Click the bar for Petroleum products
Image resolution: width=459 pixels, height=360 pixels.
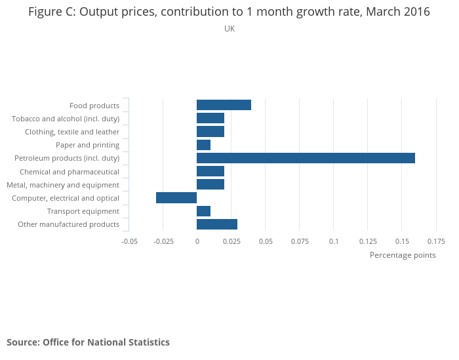(x=306, y=158)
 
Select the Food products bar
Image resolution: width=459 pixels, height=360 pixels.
(x=224, y=105)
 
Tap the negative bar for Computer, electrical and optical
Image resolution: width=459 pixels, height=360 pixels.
(x=176, y=198)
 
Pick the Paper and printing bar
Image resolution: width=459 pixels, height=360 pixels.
(x=203, y=145)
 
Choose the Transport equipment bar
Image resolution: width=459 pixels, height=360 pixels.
(x=203, y=211)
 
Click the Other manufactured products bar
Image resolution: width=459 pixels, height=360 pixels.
(x=217, y=224)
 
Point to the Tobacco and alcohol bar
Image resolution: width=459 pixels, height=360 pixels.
(x=210, y=118)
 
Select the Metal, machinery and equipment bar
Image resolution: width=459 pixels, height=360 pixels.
(x=210, y=185)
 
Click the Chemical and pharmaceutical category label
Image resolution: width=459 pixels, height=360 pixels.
(x=70, y=172)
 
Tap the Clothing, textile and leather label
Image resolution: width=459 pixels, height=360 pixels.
(x=72, y=132)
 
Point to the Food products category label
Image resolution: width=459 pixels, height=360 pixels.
(x=94, y=106)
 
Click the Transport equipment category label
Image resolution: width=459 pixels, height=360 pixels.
(x=83, y=211)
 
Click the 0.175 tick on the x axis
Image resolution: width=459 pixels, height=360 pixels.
(x=435, y=241)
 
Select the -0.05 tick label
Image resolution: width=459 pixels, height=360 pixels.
(x=129, y=241)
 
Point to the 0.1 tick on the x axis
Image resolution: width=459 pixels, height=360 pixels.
(x=334, y=241)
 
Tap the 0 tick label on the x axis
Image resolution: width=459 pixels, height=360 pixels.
(x=197, y=241)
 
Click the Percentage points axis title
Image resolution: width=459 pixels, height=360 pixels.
(x=403, y=255)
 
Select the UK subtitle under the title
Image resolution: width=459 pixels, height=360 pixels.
(x=229, y=29)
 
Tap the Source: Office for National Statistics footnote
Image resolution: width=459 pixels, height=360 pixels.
(x=88, y=342)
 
